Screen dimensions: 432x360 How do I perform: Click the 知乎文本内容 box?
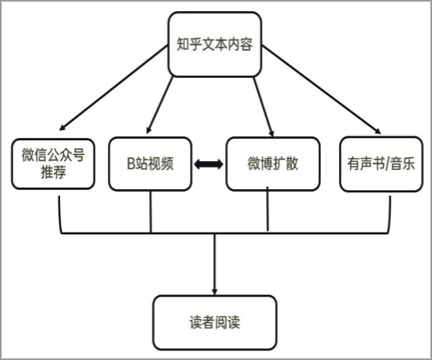coord(215,44)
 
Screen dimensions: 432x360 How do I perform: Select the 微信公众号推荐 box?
coord(53,164)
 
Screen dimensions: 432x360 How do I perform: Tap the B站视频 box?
coord(150,164)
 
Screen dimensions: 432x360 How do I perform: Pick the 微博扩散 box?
coord(273,164)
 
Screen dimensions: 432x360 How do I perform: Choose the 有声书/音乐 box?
coord(381,164)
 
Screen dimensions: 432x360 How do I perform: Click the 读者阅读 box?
coord(215,322)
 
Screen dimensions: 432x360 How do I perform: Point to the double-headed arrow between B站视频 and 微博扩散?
coord(208,164)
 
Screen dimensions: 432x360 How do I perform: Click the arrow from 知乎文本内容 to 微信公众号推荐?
coord(114,87)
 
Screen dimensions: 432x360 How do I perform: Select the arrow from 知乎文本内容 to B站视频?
coord(159,105)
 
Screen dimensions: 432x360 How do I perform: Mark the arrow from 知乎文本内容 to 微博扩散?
coord(264,107)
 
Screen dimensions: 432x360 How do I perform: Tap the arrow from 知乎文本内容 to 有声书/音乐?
coord(321,89)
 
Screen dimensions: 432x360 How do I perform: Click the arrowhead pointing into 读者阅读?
coord(215,292)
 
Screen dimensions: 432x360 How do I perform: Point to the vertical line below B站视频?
coord(151,212)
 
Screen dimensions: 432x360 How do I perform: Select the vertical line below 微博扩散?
coord(267,209)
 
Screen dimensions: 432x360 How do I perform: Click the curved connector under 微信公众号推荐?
coord(59,218)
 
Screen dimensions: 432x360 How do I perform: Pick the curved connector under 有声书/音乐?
coord(390,218)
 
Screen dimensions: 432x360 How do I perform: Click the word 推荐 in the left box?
coord(54,172)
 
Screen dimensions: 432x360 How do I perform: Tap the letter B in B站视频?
coord(131,164)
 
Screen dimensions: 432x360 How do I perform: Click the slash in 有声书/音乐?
coord(387,164)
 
